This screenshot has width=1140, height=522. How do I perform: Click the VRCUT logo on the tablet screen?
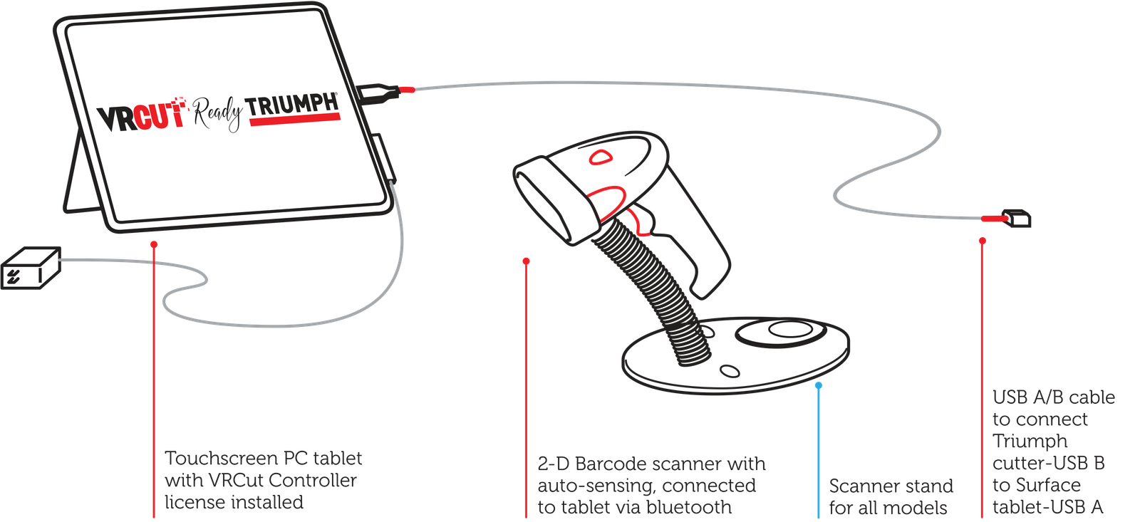point(141,115)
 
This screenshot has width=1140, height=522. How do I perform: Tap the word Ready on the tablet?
point(217,114)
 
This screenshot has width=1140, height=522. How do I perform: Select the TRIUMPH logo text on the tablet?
point(292,107)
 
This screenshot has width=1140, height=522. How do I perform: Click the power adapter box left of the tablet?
point(31,268)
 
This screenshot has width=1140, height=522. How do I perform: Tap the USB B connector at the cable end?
point(1016,218)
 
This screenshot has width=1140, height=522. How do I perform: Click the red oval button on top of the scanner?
point(601,157)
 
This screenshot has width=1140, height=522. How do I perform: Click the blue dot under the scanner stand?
point(819,385)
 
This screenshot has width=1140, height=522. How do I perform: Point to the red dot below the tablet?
point(154,245)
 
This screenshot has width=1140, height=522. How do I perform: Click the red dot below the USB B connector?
point(983,241)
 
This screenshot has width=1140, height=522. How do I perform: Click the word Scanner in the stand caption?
point(862,486)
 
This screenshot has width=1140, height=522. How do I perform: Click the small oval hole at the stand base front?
point(730,371)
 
